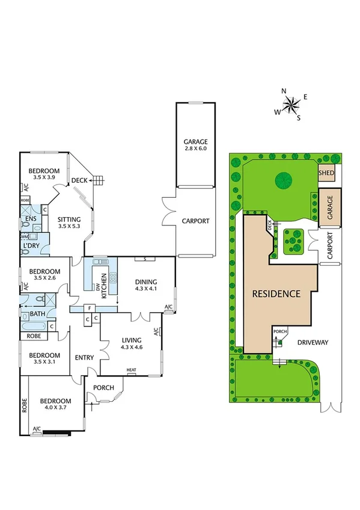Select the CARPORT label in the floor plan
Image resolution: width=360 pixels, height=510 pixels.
(195, 221)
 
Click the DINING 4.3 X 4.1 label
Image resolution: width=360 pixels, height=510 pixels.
(145, 284)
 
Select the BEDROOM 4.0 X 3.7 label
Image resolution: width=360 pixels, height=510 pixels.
(55, 405)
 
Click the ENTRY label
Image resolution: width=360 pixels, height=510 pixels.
(84, 358)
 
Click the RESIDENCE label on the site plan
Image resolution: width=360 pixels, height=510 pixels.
(276, 294)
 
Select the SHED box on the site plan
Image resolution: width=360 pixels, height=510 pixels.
(326, 173)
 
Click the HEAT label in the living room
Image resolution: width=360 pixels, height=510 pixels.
(131, 370)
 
